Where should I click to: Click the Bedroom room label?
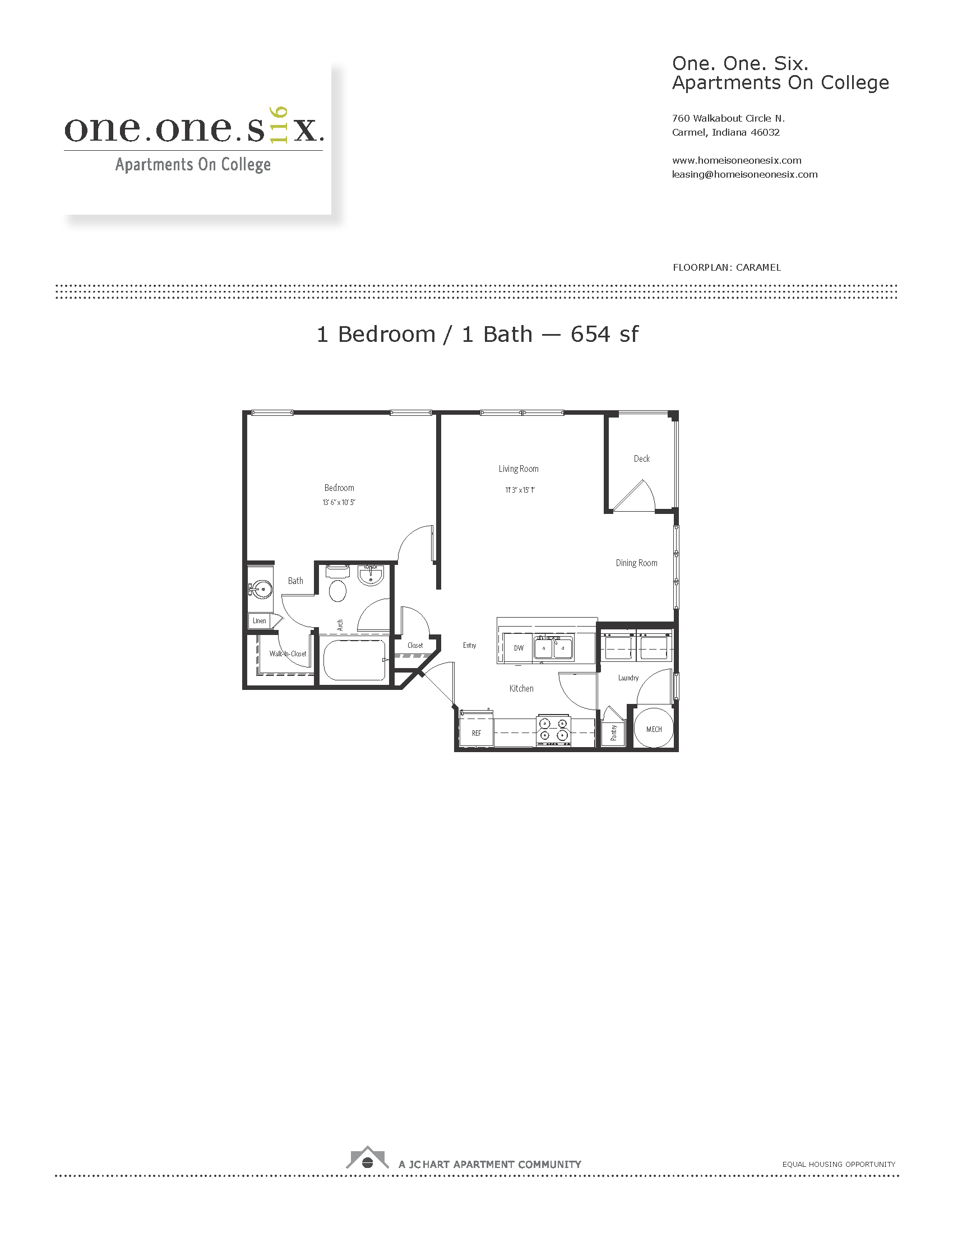point(339,488)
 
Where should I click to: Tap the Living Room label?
point(519,469)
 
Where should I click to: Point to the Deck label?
point(642,458)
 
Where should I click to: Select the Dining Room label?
point(636,563)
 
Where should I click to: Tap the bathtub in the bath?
point(354,660)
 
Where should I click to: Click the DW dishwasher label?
point(519,648)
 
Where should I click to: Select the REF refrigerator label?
point(476,734)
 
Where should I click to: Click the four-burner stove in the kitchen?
point(553,729)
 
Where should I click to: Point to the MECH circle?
point(654,728)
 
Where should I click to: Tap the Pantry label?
point(614,733)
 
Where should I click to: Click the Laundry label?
point(628,678)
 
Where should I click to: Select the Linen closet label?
point(260,620)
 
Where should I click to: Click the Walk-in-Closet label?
point(288,653)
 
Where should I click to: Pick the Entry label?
point(470,645)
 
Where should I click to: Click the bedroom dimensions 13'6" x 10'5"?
point(339,503)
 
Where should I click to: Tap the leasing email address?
point(744,174)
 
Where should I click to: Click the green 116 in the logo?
point(279,124)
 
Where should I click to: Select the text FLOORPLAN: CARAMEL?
point(727,267)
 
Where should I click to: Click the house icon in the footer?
point(367,1158)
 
